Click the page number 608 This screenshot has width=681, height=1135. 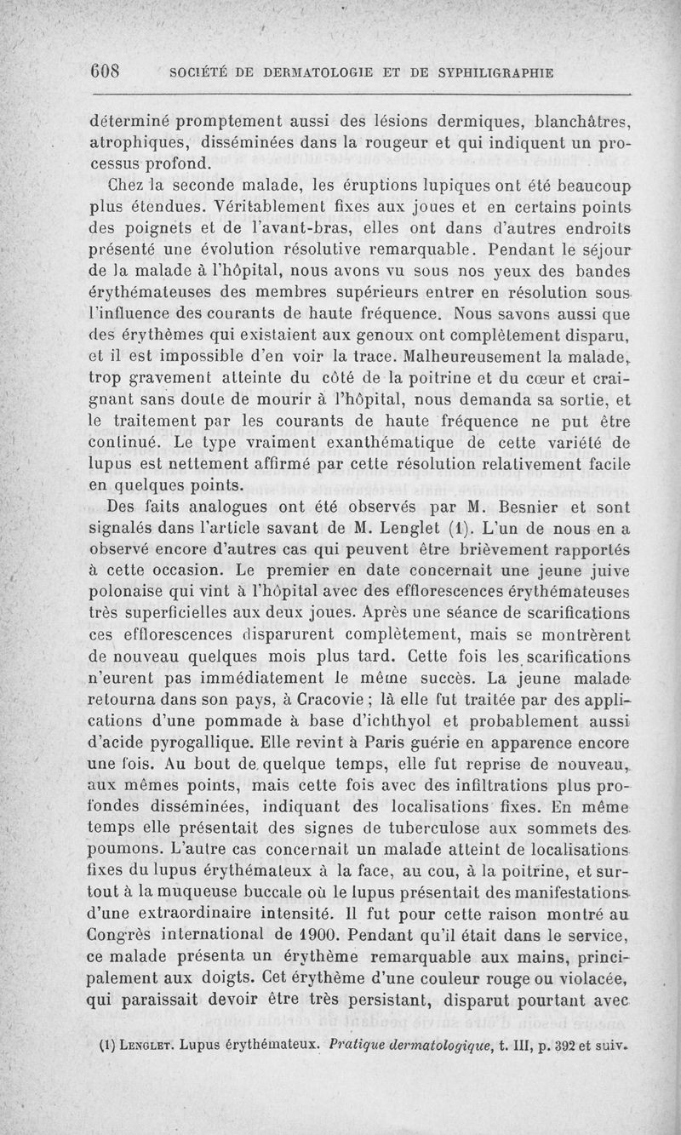[x=107, y=71]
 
